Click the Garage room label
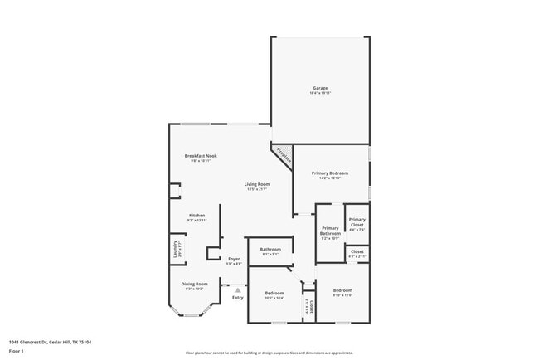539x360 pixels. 320,88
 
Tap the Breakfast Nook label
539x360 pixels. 201,156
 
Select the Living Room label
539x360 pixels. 257,184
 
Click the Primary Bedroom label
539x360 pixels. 330,173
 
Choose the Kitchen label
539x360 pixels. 197,215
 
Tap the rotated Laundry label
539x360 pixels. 175,250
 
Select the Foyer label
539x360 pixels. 235,260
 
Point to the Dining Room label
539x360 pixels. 195,284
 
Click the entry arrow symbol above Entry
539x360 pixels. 238,289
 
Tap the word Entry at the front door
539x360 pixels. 238,297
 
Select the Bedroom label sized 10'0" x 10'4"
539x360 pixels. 274,293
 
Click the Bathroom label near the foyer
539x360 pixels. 271,249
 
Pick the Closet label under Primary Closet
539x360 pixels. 357,252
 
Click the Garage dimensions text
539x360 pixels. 320,93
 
